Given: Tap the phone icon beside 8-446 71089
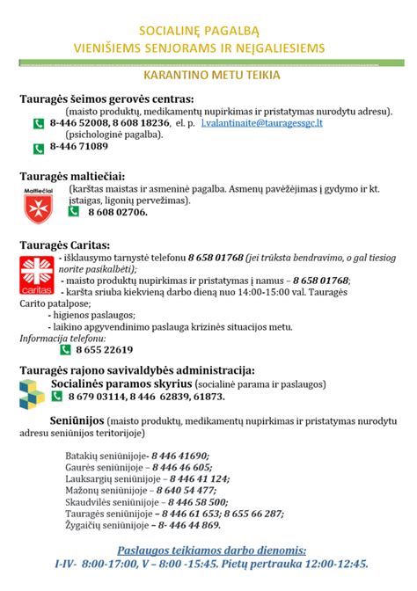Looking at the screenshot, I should click(39, 146).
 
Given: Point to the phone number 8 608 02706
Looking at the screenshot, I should click(117, 212).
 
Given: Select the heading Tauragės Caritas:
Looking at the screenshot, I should click(70, 244).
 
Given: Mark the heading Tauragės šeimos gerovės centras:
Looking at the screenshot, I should click(107, 99).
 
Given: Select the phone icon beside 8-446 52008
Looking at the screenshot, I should click(39, 124).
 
